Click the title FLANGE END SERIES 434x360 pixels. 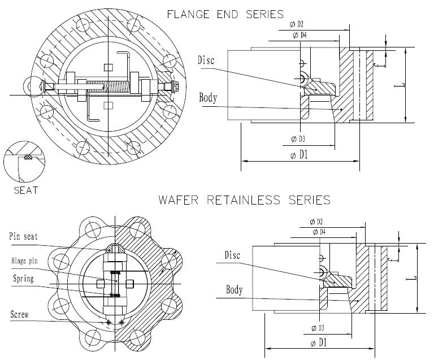225,14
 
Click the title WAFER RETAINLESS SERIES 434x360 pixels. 244,199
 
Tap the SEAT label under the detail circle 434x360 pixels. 26,190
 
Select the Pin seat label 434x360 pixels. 23,236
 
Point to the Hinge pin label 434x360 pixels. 26,261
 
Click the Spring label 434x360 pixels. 23,279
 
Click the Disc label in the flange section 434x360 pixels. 206,59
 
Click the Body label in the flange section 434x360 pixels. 208,98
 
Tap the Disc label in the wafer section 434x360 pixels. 232,255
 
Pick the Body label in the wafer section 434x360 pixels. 234,290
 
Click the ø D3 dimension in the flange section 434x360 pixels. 298,138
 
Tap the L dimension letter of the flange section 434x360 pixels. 400,85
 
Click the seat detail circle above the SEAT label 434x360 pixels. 23,160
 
